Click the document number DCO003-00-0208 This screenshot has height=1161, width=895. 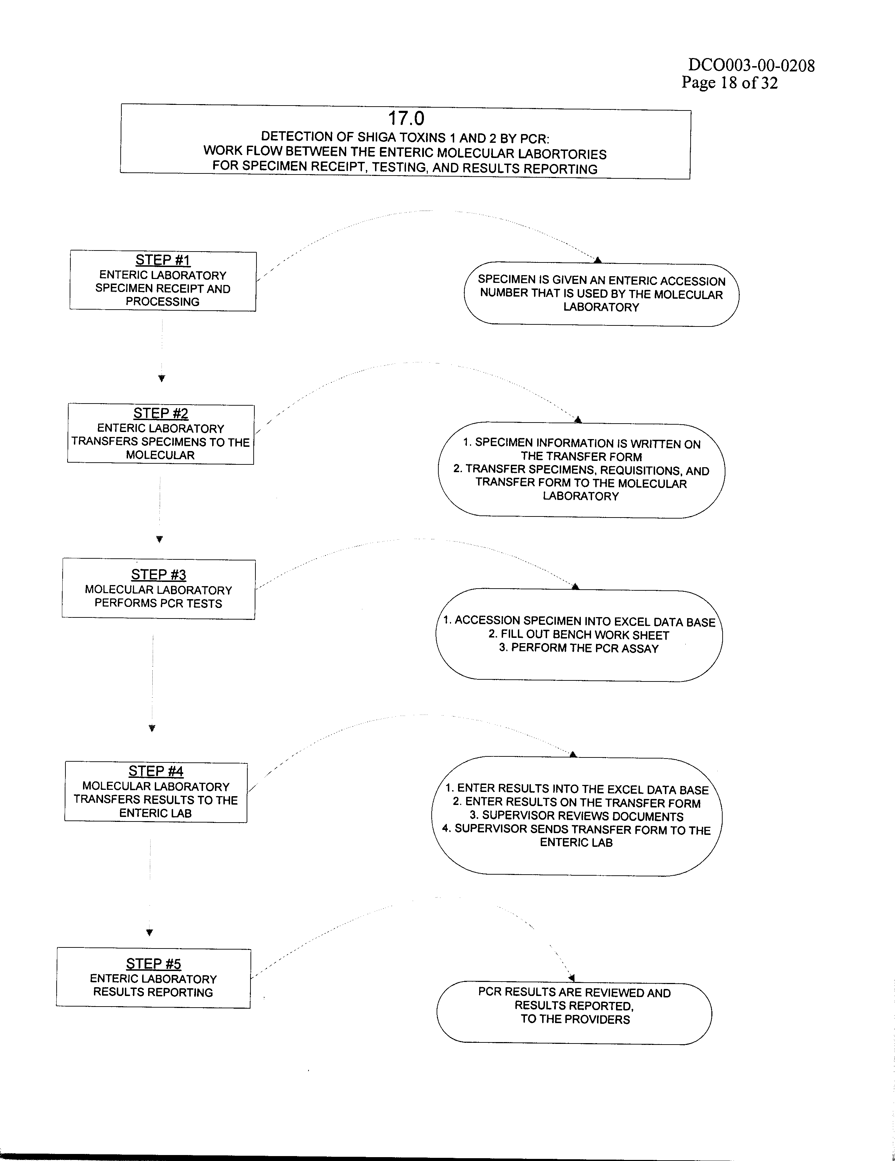(x=751, y=65)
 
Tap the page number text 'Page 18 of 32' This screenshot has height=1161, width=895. (x=730, y=83)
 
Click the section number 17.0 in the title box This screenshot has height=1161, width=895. (x=406, y=118)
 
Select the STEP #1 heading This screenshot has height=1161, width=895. (x=163, y=260)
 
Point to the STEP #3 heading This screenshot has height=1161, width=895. (x=158, y=575)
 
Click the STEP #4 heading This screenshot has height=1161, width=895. (x=156, y=771)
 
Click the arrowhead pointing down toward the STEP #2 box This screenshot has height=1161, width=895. (x=161, y=379)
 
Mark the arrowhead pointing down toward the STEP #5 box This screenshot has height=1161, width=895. (x=150, y=932)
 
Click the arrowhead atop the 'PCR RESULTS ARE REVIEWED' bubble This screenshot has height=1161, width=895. (x=571, y=978)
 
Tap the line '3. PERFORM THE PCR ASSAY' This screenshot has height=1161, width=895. (x=579, y=648)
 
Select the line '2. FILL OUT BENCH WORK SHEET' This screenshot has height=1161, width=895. (x=579, y=635)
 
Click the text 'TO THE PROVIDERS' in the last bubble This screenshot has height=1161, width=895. (x=575, y=1019)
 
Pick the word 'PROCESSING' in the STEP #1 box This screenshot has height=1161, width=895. (x=163, y=302)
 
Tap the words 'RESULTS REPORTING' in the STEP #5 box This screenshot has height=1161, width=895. (x=153, y=992)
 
